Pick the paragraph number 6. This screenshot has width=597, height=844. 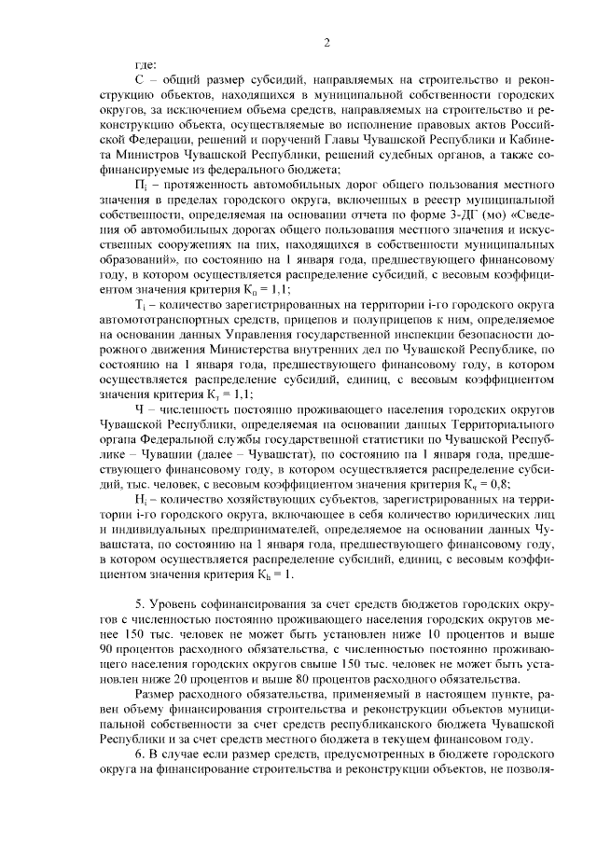[139, 754]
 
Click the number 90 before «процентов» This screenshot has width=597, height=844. [107, 648]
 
